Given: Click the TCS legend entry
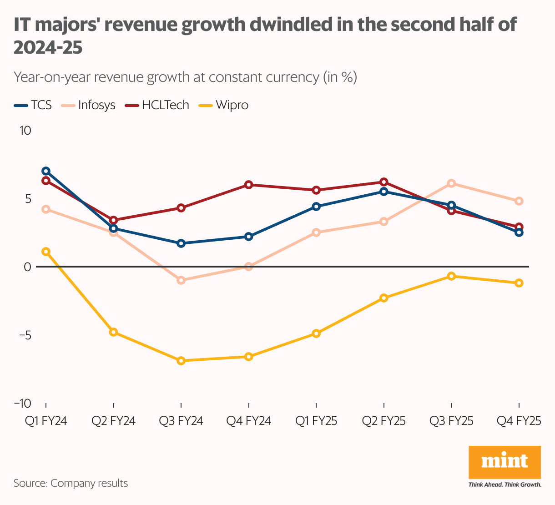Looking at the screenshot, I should coord(33,105).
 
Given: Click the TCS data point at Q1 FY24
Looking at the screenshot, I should coord(46,171).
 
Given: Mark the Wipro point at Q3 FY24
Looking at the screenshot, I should coord(181,361).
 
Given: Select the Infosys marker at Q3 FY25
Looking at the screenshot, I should coord(451,183).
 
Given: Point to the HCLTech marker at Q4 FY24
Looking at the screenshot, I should coord(248,185).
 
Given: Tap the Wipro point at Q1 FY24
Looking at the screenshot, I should coord(46,252).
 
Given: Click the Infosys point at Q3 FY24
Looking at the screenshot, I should coord(181,280).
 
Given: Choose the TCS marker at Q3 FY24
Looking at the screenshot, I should coord(181,243).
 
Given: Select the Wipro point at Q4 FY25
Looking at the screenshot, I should coord(519,283).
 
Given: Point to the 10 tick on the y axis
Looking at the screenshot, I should coord(25,131).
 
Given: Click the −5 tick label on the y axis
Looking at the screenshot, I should coord(24,335).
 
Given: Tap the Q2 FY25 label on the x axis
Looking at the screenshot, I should coord(383,421).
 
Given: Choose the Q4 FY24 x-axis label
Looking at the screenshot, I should coord(248,421).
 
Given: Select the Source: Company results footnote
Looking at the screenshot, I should coord(71,483).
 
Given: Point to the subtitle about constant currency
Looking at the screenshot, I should coord(185,77).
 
